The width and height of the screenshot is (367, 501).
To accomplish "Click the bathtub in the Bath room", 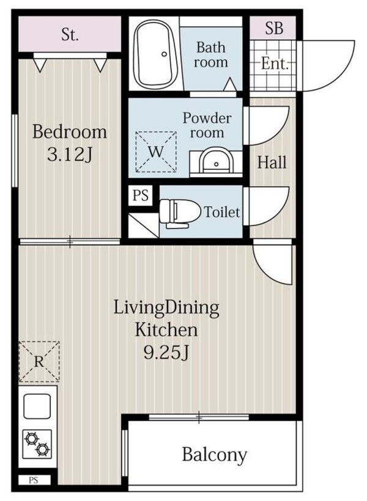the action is pyautogui.click(x=155, y=54).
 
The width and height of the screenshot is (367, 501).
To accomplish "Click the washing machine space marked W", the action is pyautogui.click(x=156, y=152).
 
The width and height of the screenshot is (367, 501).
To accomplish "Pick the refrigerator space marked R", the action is pyautogui.click(x=39, y=362).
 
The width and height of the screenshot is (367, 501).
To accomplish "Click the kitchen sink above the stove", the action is pyautogui.click(x=37, y=406).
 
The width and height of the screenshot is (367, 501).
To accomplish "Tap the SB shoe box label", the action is pyautogui.click(x=274, y=28).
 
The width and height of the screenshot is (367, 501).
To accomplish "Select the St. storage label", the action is pyautogui.click(x=70, y=34).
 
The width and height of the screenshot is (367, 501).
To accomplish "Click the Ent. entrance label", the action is pyautogui.click(x=275, y=64).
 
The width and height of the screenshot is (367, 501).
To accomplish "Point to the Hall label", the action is pyautogui.click(x=272, y=163).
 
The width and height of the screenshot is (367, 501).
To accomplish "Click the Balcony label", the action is pyautogui.click(x=215, y=455).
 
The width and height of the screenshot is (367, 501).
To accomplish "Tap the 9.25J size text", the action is pyautogui.click(x=166, y=353).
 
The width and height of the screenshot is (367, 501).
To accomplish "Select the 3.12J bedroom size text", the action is pyautogui.click(x=70, y=155).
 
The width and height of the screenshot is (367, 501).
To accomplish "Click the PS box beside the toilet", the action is pyautogui.click(x=141, y=195).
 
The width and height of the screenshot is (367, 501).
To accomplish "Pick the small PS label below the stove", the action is pyautogui.click(x=34, y=480).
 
